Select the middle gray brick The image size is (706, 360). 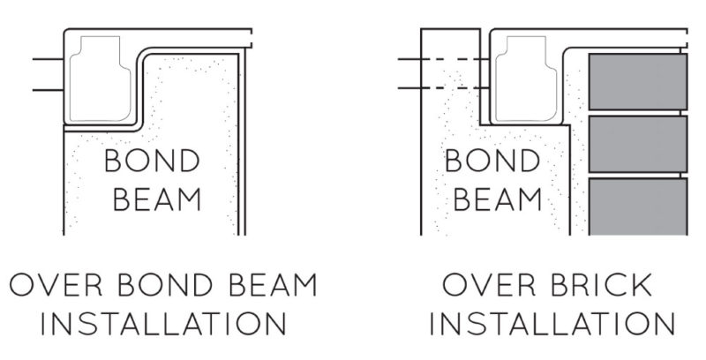pos(637,144)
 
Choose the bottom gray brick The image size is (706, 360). pos(637,206)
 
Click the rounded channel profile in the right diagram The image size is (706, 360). pos(527,78)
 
